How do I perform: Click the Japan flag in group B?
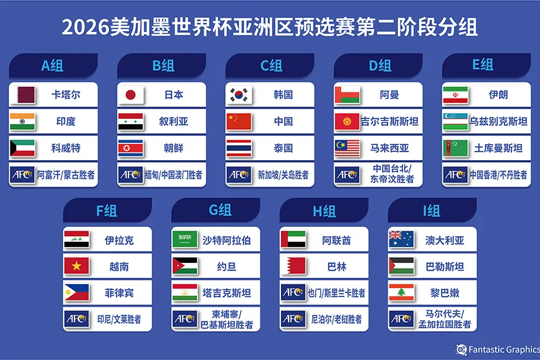[x=130, y=94]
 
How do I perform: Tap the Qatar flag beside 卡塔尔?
[x=22, y=94]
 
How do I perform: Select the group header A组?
[x=52, y=66]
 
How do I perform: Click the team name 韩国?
[x=283, y=94]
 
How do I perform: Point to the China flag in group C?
[x=239, y=121]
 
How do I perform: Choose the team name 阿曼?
[x=390, y=94]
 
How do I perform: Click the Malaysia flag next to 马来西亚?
[x=347, y=148]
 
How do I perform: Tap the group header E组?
[x=483, y=65]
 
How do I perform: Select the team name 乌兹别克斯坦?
[x=498, y=121]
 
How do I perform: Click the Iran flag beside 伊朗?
[x=455, y=94]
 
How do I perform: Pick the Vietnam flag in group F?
[x=76, y=266]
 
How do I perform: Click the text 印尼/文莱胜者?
[x=119, y=319]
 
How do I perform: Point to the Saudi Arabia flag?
[x=184, y=240]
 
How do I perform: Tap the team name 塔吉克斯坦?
[x=226, y=292]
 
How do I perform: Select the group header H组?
[x=325, y=210]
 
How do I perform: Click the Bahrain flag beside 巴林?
[x=293, y=266]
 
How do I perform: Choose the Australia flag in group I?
[x=401, y=240]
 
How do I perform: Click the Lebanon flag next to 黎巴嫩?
[x=401, y=292]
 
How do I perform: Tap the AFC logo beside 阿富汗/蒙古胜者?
[x=22, y=174]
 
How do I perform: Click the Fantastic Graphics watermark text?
[x=503, y=350]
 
